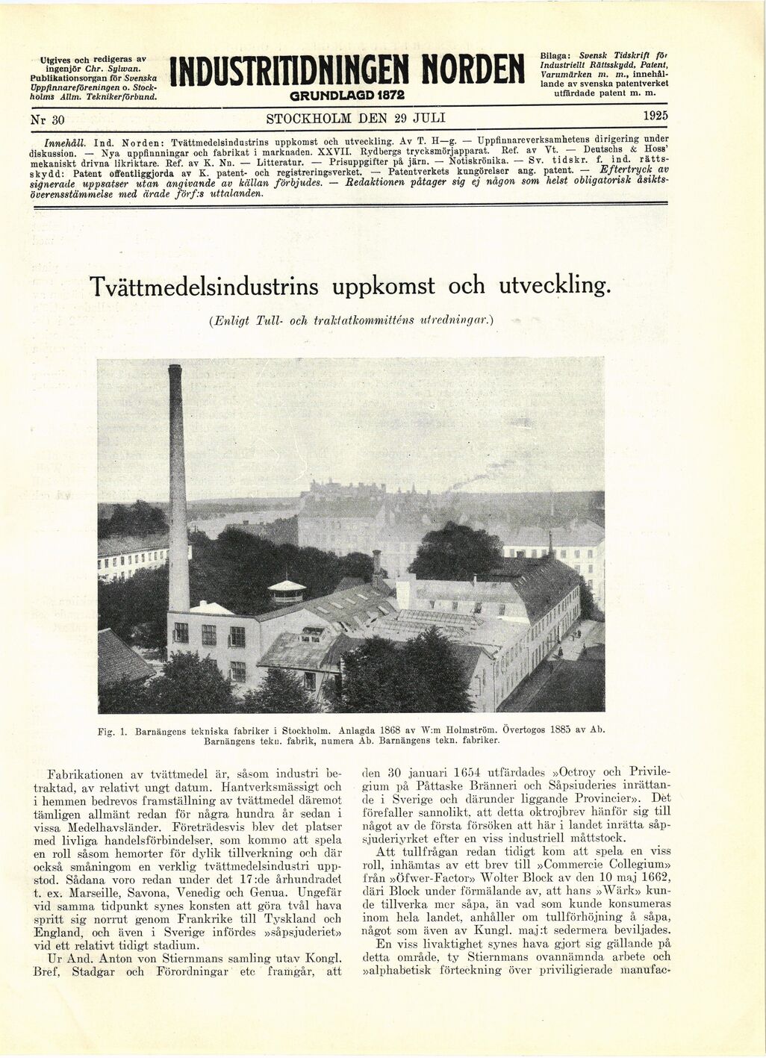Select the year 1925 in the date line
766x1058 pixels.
point(655,116)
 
